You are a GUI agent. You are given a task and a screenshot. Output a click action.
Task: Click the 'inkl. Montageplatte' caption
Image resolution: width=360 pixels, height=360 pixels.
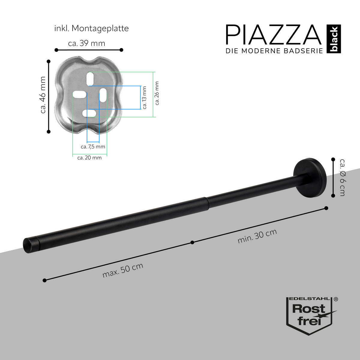pos(91,28)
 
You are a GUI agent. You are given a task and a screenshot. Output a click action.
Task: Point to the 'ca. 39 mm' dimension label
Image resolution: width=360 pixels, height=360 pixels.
pos(87,43)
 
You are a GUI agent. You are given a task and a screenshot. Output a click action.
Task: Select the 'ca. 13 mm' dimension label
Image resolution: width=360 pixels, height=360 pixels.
pos(145,97)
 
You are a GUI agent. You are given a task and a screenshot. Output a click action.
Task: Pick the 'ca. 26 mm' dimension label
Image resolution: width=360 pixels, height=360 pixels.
pos(157,93)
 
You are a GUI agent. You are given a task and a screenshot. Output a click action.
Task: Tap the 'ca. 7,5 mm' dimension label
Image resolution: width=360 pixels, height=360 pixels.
pos(93,147)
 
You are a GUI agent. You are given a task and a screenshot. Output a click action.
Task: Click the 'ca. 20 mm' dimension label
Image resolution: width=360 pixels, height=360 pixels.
pos(89,157)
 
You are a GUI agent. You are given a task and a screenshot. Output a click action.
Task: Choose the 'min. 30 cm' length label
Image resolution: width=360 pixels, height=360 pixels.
pos(257,236)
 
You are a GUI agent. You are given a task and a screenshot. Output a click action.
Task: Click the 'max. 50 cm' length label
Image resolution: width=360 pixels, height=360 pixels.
pos(123,270)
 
